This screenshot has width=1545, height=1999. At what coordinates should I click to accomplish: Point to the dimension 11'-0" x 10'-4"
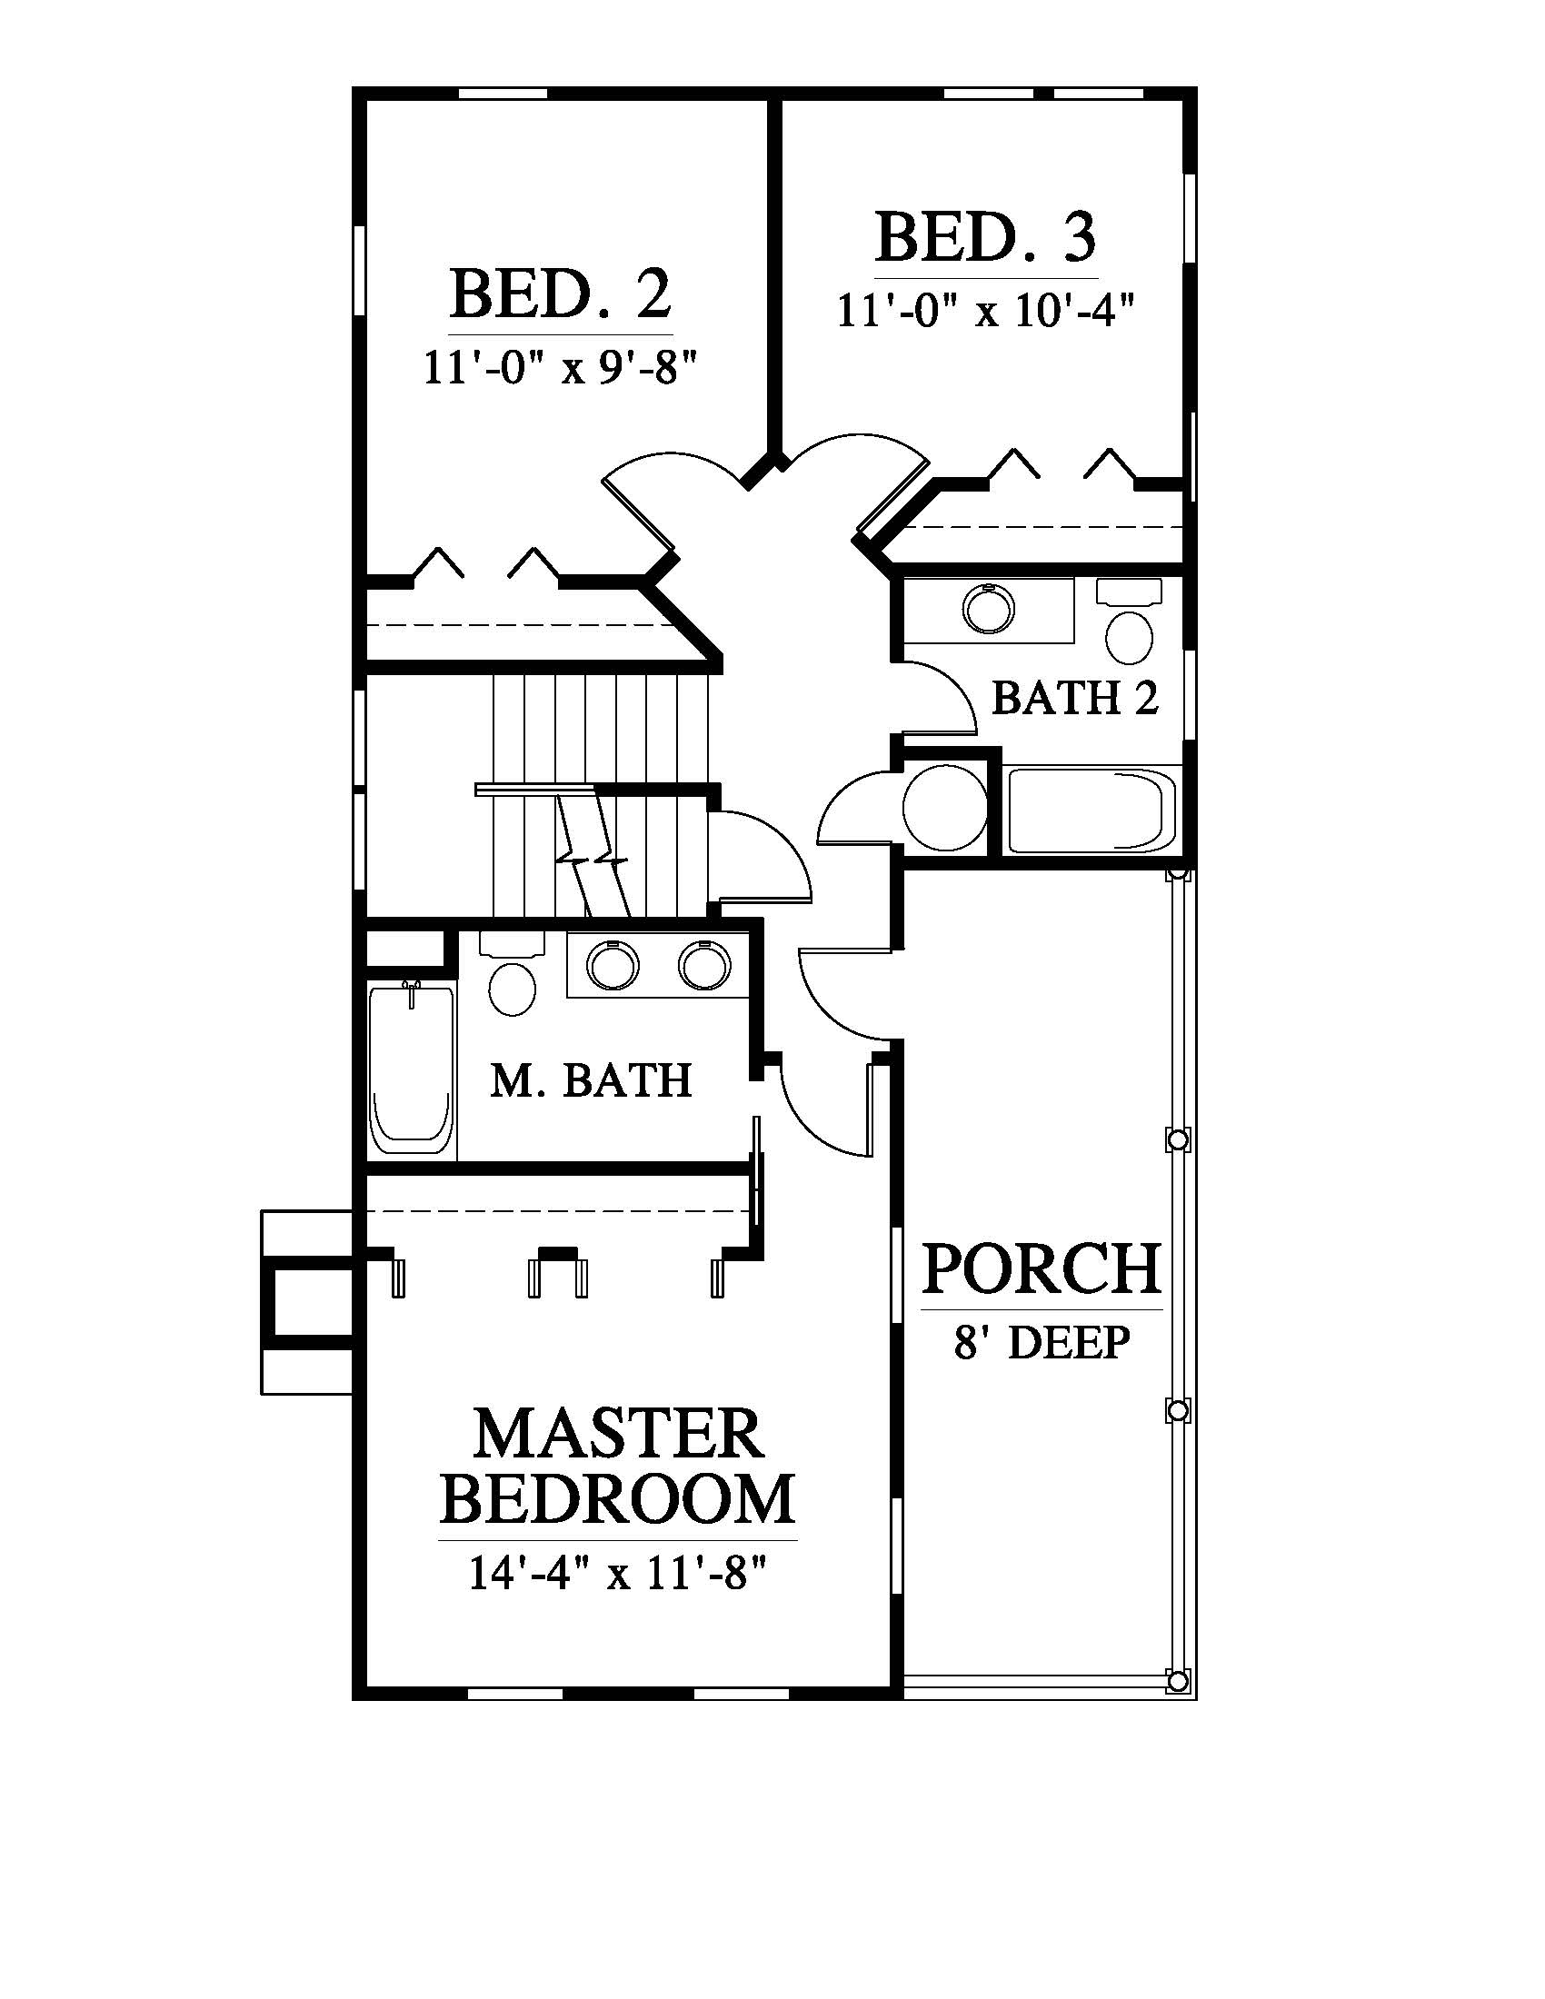[x=986, y=311]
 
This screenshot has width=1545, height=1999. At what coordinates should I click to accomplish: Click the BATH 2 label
[x=1074, y=699]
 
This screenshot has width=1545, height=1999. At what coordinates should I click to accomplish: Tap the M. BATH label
[x=592, y=1080]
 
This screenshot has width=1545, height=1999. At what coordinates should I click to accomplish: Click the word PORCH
[x=1042, y=1268]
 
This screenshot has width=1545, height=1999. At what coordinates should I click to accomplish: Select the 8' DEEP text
[x=1042, y=1343]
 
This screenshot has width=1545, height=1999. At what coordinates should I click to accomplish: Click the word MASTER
[x=618, y=1433]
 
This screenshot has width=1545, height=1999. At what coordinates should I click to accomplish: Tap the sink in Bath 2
[x=989, y=608]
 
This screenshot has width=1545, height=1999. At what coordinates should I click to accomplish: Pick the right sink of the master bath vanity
[x=703, y=965]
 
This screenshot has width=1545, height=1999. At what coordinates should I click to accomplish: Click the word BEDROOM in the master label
[x=618, y=1498]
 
